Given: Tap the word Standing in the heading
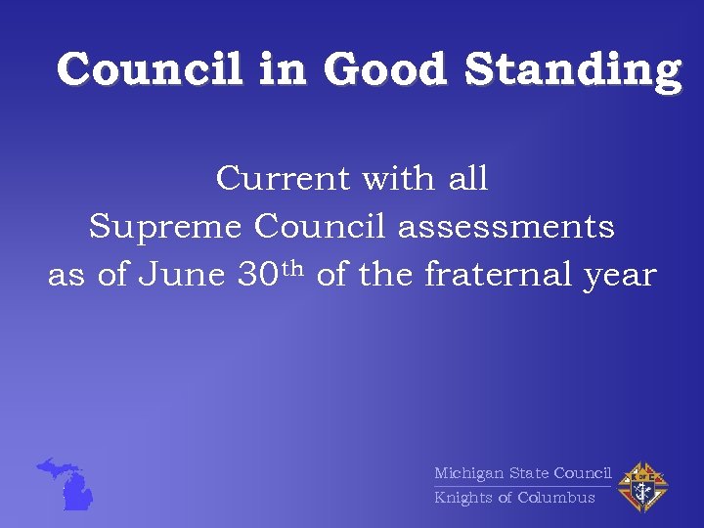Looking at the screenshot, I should [x=572, y=70].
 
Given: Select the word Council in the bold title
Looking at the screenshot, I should [x=150, y=70].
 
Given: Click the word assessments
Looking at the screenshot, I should [x=506, y=227].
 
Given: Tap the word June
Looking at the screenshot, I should [x=183, y=276].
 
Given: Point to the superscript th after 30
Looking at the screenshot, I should [x=294, y=268].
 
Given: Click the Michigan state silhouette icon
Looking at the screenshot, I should [x=68, y=483].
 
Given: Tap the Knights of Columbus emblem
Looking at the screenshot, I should [x=641, y=485].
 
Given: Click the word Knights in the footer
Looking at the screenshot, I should [x=463, y=498].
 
